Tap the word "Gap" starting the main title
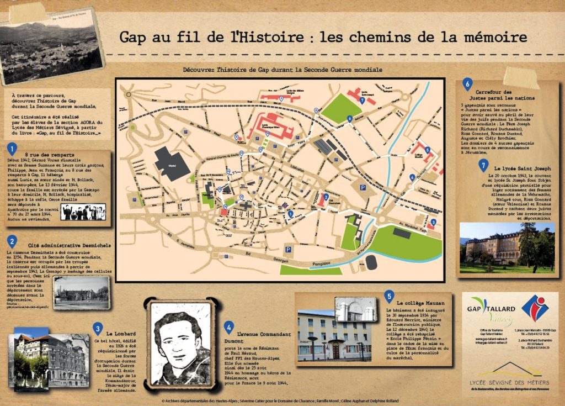pos(135,38)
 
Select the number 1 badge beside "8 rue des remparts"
pos(12,148)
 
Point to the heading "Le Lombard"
pos(121,334)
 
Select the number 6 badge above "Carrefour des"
pos(467,84)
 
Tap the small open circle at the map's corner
pos(128,94)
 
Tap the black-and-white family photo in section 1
pos(83,211)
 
